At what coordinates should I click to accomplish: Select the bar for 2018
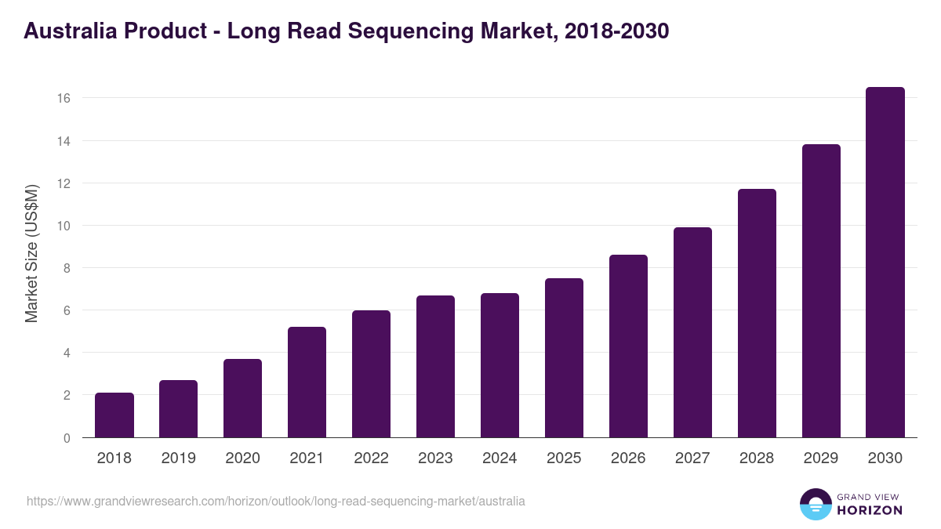coord(114,415)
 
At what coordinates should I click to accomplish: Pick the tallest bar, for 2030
coord(885,263)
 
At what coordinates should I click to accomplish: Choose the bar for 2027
coord(692,332)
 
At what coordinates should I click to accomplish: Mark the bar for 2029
coord(821,291)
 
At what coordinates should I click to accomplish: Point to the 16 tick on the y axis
coord(64,99)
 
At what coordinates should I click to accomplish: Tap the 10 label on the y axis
coord(64,226)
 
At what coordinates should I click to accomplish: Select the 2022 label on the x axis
coord(371,458)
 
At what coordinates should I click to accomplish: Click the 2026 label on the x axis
coord(628,458)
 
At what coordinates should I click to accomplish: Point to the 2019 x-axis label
coord(178,458)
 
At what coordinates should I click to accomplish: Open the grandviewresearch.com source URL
coord(276,501)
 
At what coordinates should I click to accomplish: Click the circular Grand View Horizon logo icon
coord(815,504)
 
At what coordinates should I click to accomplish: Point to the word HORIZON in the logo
coord(869,510)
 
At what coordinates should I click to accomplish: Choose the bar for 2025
coord(564,358)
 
